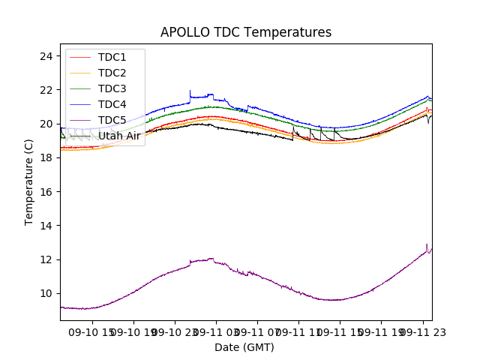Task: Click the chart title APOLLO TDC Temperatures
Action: pyautogui.click(x=246, y=32)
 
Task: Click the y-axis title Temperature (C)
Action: pyautogui.click(x=29, y=181)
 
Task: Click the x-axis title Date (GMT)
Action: pyautogui.click(x=244, y=347)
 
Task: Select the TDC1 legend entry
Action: pyautogui.click(x=112, y=58)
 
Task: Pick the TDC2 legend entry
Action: pyautogui.click(x=112, y=73)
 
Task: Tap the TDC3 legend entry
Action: pyautogui.click(x=112, y=89)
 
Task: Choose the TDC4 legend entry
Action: pyautogui.click(x=112, y=105)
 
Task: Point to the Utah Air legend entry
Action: pyautogui.click(x=119, y=136)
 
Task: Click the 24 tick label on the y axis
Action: pyautogui.click(x=46, y=56)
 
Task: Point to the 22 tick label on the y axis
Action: pyautogui.click(x=46, y=90)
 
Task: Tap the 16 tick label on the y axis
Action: pyautogui.click(x=46, y=192)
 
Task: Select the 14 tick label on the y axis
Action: pyautogui.click(x=46, y=226)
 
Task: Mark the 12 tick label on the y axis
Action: pyautogui.click(x=46, y=259)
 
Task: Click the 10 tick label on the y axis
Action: pyautogui.click(x=46, y=293)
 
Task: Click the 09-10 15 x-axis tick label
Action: pyautogui.click(x=92, y=331)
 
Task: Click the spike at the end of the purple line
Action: pyautogui.click(x=427, y=245)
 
